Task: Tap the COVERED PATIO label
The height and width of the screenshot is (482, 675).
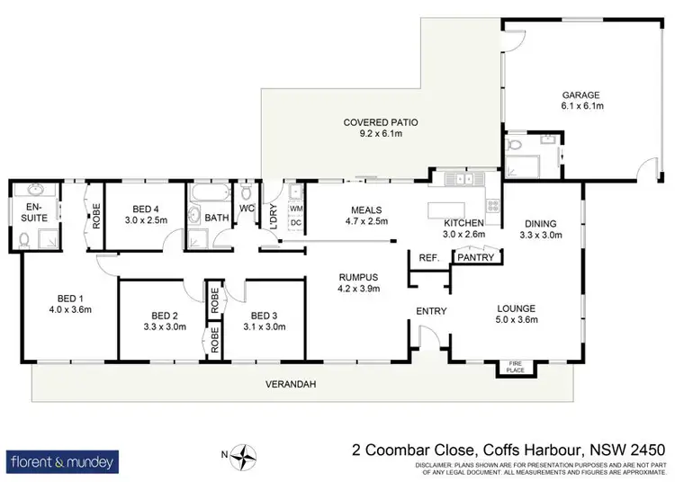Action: pyautogui.click(x=382, y=122)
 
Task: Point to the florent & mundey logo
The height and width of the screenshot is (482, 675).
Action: pyautogui.click(x=62, y=462)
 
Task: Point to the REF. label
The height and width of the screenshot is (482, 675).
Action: pyautogui.click(x=428, y=258)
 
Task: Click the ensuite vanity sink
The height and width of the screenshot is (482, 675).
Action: pyautogui.click(x=36, y=191)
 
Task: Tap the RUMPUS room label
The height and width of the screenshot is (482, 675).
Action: pyautogui.click(x=353, y=277)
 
